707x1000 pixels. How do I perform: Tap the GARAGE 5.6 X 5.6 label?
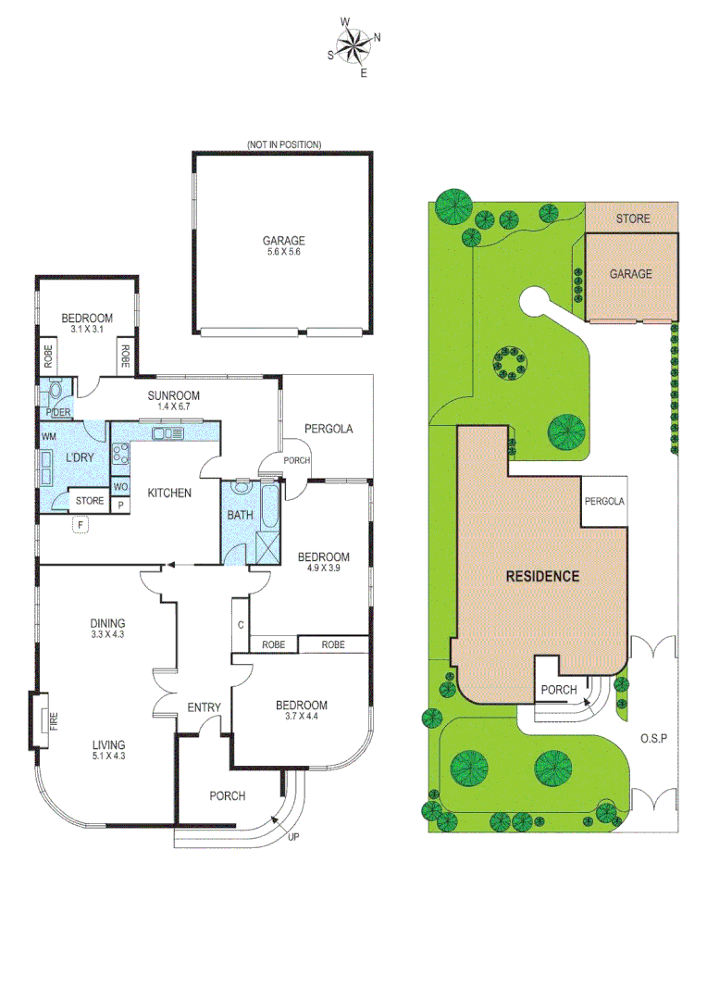pos(283,246)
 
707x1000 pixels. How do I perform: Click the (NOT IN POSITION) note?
pos(283,144)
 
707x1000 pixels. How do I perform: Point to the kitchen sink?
pos(169,433)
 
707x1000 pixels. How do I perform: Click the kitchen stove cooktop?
pos(120,453)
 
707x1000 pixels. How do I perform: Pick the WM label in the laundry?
pos(47,436)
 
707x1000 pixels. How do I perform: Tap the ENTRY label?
pos(204,708)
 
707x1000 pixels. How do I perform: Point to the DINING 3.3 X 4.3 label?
pos(107,629)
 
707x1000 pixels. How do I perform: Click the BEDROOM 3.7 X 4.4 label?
pos(301,711)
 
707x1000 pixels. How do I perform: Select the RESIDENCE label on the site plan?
pos(542,576)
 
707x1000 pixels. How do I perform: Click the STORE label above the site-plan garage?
pos(633,219)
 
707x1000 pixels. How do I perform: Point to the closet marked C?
pos(240,625)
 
